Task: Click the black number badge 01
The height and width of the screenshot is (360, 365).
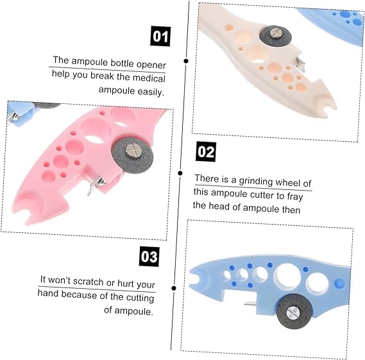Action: (x=160, y=37)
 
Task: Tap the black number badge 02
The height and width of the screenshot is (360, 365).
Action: (x=206, y=151)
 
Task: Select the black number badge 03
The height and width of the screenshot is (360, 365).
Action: (x=149, y=257)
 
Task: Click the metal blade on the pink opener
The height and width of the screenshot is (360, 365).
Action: (x=96, y=185)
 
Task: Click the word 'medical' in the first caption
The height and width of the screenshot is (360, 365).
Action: (x=149, y=78)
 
